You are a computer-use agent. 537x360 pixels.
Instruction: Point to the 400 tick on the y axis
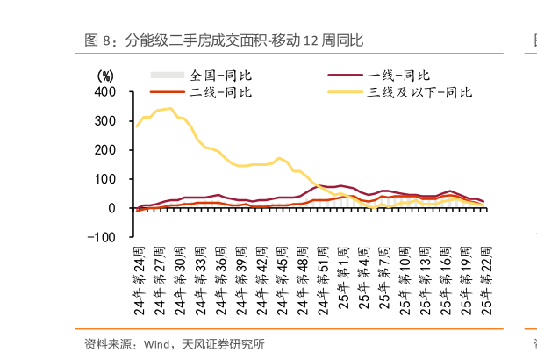coord(104,91)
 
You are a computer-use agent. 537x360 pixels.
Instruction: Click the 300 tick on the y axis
coord(104,120)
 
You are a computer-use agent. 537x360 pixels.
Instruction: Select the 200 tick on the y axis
coord(104,149)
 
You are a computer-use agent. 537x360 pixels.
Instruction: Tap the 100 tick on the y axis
coord(104,178)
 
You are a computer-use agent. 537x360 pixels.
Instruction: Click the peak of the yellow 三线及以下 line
coord(169,109)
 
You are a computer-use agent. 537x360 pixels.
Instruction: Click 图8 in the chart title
coord(99,40)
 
